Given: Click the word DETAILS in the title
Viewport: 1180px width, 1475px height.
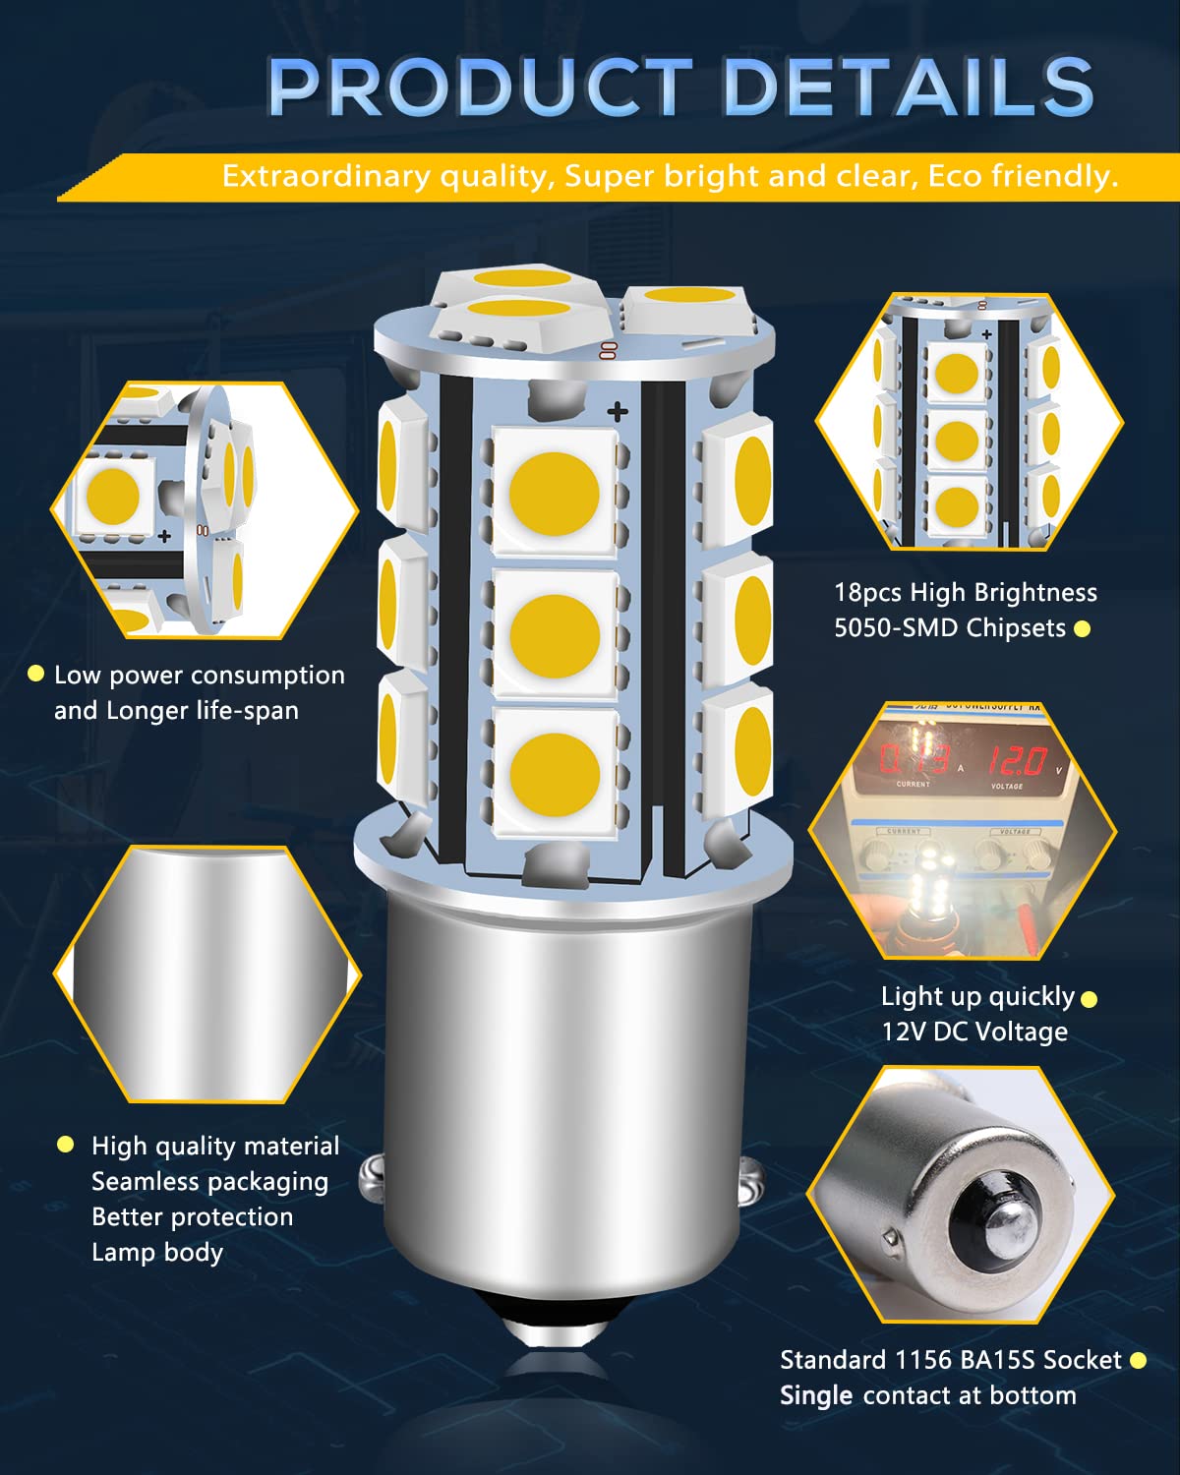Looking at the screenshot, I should click(x=909, y=87).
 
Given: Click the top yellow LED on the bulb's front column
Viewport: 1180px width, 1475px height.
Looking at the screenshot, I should click(x=555, y=491).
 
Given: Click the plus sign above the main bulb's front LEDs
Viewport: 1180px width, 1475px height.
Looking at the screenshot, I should click(x=618, y=411).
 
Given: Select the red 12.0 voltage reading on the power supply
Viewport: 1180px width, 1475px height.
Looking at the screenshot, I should click(x=1017, y=760).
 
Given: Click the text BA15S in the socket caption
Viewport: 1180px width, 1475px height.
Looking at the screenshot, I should click(x=990, y=1360).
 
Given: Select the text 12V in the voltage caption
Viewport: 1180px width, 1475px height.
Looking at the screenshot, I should click(x=901, y=1032).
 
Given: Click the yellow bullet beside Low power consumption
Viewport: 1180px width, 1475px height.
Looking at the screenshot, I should click(x=36, y=674).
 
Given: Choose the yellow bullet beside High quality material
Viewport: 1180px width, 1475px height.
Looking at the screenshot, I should click(x=66, y=1144).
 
